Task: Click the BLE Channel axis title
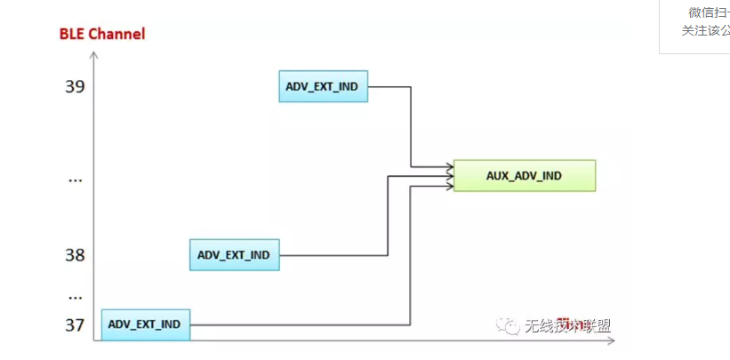pyautogui.click(x=101, y=34)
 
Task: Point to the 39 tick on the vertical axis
pyautogui.click(x=75, y=86)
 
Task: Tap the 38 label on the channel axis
pyautogui.click(x=75, y=255)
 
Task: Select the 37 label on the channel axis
pyautogui.click(x=75, y=324)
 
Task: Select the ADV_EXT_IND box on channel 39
pyautogui.click(x=323, y=86)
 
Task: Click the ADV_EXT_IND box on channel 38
pyautogui.click(x=234, y=255)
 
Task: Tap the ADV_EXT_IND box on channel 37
pyautogui.click(x=145, y=324)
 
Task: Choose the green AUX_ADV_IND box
pyautogui.click(x=525, y=176)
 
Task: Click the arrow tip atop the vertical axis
pyautogui.click(x=93, y=55)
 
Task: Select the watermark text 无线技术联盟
pyautogui.click(x=568, y=326)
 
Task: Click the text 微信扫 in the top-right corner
pyautogui.click(x=708, y=12)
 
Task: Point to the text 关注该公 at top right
pyautogui.click(x=705, y=30)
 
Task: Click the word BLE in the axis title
pyautogui.click(x=72, y=34)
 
